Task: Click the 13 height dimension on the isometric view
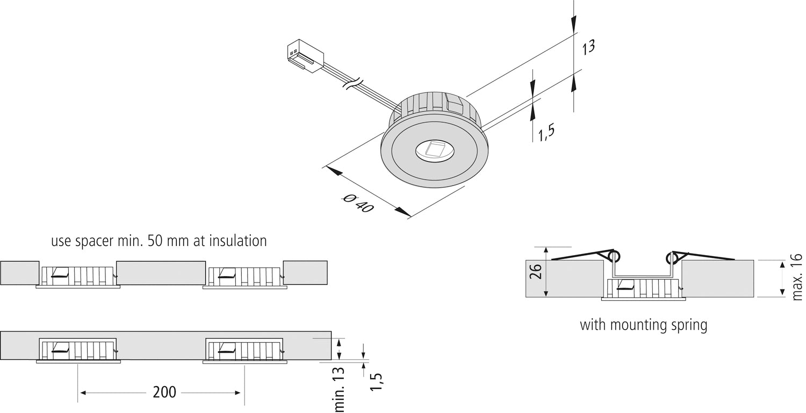(x=588, y=47)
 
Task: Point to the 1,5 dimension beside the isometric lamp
(x=546, y=132)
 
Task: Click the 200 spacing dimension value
(x=164, y=393)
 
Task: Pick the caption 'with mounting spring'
(x=643, y=325)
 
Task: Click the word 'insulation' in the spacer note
(x=236, y=241)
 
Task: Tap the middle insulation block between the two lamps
(x=161, y=273)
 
